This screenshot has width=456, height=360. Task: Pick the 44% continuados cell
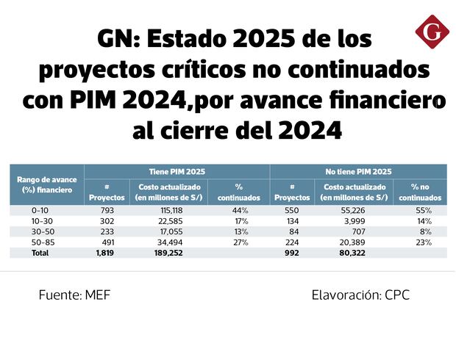pos(241,211)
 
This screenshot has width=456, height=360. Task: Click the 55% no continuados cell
pos(422,211)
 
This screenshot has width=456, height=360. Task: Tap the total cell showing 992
pos(292,252)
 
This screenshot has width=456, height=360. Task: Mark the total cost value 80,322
pos(355,252)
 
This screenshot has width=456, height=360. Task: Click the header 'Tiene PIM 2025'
pos(177,171)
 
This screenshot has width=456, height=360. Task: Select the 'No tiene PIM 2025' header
pos(358,171)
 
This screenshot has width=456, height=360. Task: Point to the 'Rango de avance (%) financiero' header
pos(46,184)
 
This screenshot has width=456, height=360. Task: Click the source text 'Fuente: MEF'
pos(74,295)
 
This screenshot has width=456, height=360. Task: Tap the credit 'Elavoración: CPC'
pos(360,295)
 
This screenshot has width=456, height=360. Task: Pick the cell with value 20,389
pos(355,242)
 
